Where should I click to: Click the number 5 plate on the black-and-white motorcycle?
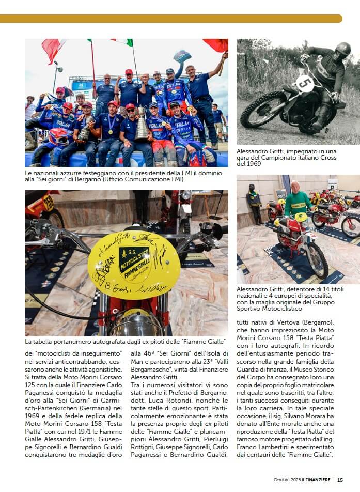click(x=305, y=83)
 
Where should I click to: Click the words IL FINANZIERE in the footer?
click(x=317, y=480)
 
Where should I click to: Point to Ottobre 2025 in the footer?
click(x=287, y=480)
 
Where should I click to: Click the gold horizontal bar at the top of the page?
click(x=171, y=19)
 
